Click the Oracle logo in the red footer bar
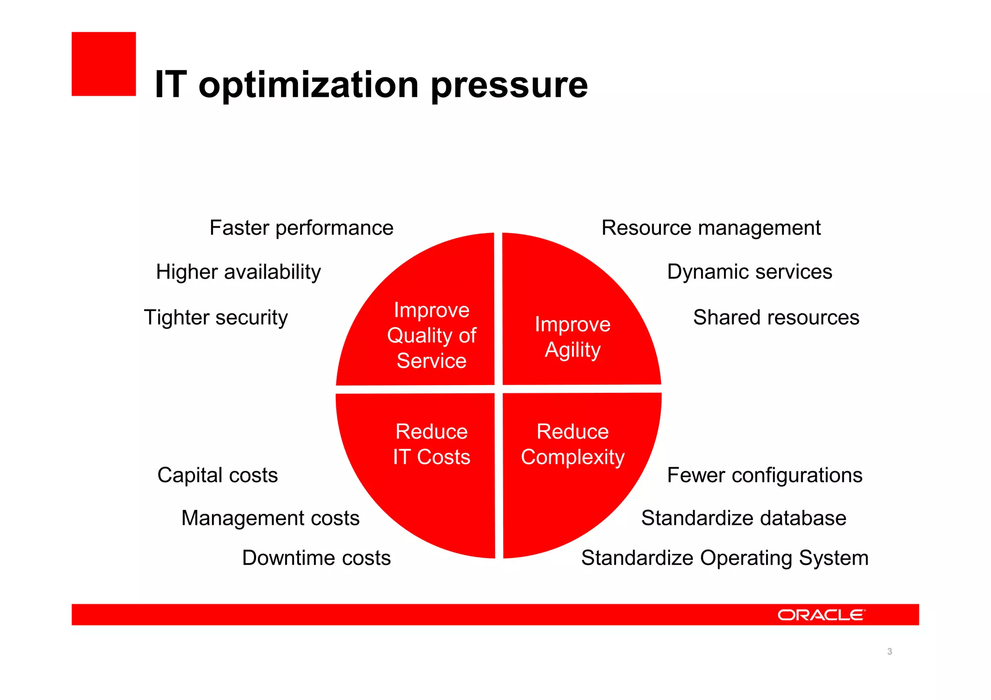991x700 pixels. point(821,615)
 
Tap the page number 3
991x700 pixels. point(889,652)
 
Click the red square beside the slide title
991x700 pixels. point(104,64)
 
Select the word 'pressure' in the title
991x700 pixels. point(509,85)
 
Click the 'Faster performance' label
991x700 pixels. point(301,228)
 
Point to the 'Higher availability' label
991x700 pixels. point(238,272)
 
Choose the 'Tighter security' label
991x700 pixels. point(216,318)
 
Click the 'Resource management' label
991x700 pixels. point(711,228)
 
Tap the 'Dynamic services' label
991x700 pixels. point(750,272)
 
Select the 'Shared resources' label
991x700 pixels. point(776,318)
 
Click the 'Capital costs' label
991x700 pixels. point(217,475)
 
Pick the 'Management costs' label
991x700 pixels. point(270,518)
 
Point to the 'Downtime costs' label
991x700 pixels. point(316,558)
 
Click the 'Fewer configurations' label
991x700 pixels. point(765,475)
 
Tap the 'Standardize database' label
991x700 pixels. point(744,518)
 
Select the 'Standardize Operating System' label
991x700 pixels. point(724,558)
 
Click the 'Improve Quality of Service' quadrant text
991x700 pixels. point(431,335)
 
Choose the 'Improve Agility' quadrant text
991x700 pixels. point(572,337)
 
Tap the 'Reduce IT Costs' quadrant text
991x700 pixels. point(431,444)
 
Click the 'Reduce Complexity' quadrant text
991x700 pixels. point(572,444)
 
